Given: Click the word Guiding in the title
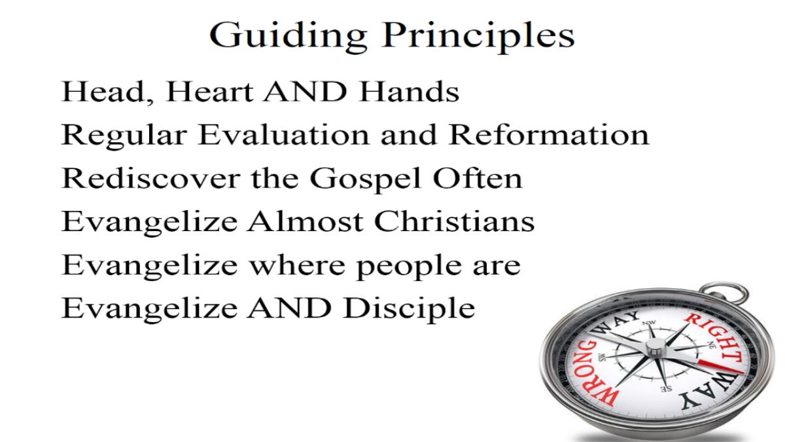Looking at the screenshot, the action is (x=288, y=37).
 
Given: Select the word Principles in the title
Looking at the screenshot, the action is (x=479, y=37).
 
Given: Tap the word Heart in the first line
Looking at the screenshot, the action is (x=209, y=92).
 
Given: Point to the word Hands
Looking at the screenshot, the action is (x=410, y=92).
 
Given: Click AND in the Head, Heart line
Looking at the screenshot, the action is (x=305, y=92).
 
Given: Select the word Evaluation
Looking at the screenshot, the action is (x=284, y=135).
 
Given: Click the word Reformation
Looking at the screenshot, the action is (x=549, y=135).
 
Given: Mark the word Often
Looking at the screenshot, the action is (x=478, y=178).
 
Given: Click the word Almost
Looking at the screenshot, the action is (x=305, y=222).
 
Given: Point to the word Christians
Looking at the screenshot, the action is (x=454, y=222).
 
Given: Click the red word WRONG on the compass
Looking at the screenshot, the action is (x=594, y=375).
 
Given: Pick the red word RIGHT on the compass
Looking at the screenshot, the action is (x=715, y=337).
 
